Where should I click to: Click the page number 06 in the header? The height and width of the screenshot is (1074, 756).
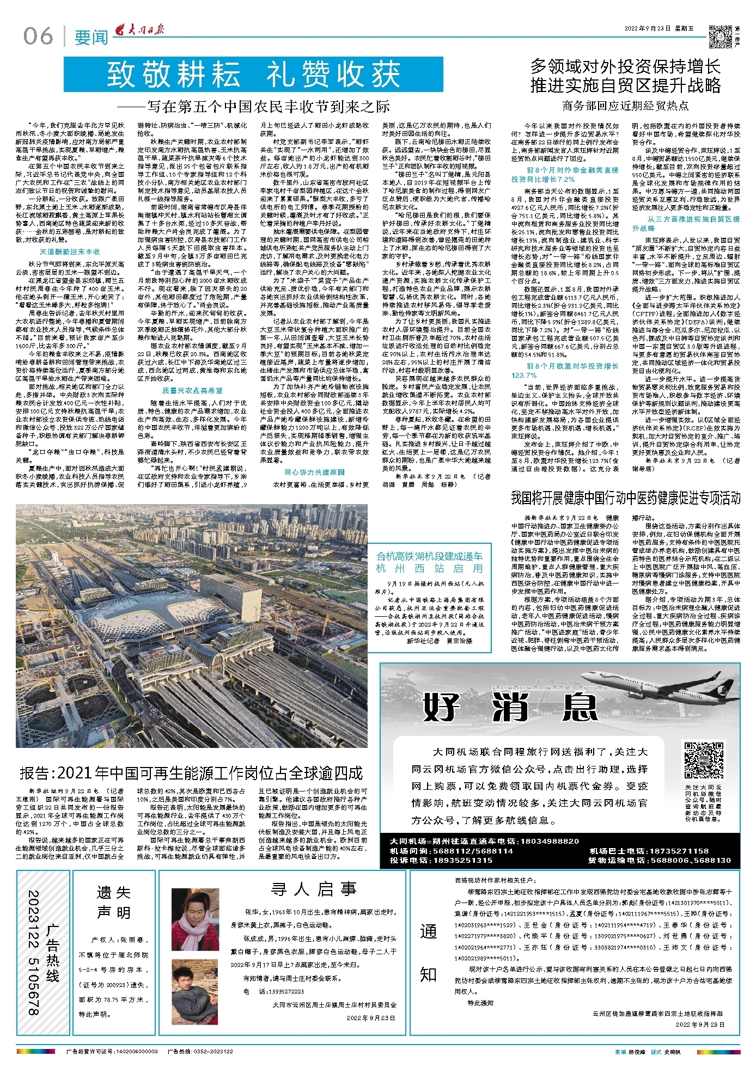click(38, 36)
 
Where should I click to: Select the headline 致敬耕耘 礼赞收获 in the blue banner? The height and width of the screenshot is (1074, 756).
click(253, 75)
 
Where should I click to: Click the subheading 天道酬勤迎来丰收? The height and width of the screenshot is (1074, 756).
click(70, 252)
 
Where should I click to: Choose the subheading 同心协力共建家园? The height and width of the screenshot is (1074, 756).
click(314, 472)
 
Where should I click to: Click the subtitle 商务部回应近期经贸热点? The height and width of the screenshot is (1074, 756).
click(625, 106)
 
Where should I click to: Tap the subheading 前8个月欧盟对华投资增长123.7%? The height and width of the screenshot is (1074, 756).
click(564, 370)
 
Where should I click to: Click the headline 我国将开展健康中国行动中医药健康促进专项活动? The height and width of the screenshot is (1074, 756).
click(625, 498)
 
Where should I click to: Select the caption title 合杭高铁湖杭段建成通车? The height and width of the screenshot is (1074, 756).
click(429, 556)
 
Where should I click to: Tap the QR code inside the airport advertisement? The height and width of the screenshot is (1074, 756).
click(704, 761)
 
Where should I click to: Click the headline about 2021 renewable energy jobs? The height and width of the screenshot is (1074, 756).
click(191, 773)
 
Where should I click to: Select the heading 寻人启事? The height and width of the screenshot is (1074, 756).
click(314, 889)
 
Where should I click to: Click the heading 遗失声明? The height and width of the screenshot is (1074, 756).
click(113, 902)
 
